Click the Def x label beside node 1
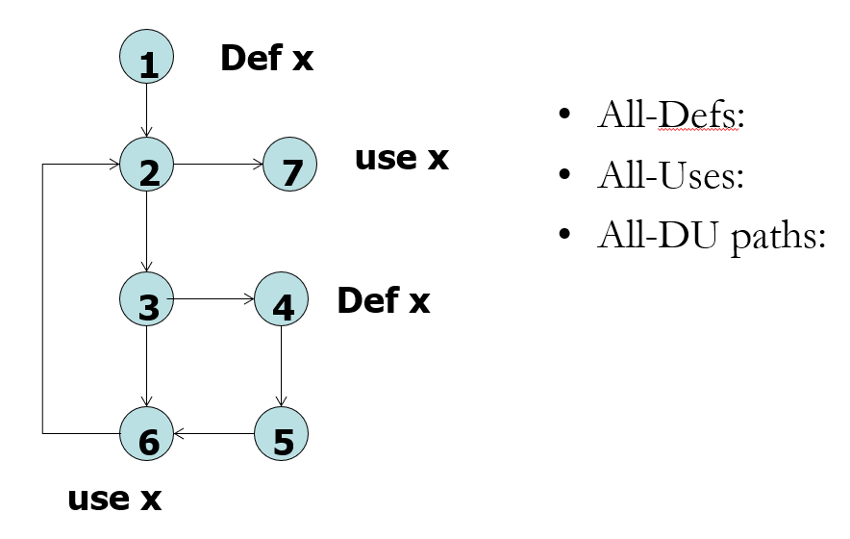(x=266, y=58)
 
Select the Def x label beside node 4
(x=383, y=300)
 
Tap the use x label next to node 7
(x=402, y=157)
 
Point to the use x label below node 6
(x=114, y=498)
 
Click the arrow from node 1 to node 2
(x=146, y=111)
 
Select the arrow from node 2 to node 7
(x=218, y=165)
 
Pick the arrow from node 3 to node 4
(x=213, y=299)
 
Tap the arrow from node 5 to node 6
(x=213, y=434)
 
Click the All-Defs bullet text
(x=671, y=116)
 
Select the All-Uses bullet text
(x=670, y=176)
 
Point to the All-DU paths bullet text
(x=711, y=236)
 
